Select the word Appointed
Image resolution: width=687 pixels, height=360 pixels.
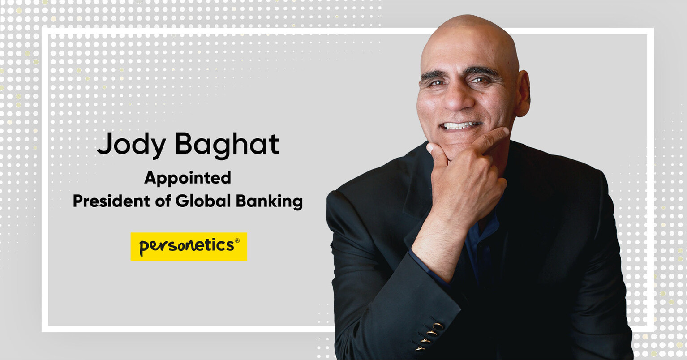[188, 179]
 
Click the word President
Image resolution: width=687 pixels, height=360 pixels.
[112, 201]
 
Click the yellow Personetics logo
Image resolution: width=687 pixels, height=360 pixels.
[189, 247]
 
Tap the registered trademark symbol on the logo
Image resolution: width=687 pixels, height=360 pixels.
[237, 241]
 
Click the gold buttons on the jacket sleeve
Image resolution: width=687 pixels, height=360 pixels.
[429, 336]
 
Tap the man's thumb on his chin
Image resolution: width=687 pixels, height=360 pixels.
[437, 153]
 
